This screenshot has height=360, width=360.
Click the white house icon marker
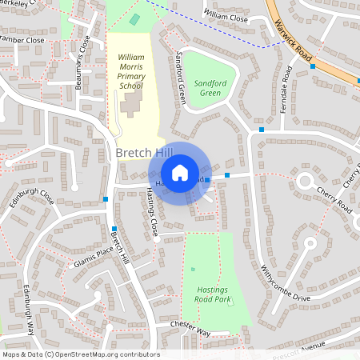coord(180,172)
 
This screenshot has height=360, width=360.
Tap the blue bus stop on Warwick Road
coord(313,66)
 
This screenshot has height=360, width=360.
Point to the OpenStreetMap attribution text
coord(80,354)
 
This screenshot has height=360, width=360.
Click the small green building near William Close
coord(134,18)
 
